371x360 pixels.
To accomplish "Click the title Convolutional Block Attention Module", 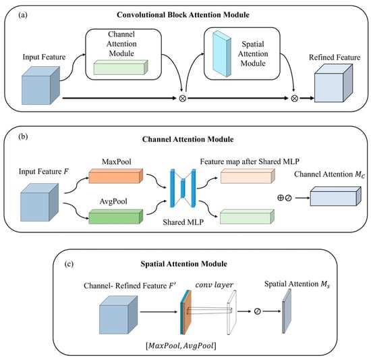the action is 183,15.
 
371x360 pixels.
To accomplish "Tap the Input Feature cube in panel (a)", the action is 40,86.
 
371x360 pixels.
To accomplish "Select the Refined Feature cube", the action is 333,83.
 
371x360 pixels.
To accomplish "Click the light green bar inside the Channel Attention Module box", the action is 121,68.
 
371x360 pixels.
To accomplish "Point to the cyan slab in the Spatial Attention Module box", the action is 222,54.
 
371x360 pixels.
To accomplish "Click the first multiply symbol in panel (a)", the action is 182,99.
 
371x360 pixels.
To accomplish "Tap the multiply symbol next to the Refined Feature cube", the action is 294,99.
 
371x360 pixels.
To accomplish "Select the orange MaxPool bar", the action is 116,176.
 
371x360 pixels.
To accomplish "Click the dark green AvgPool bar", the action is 116,217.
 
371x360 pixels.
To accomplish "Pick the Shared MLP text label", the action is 183,222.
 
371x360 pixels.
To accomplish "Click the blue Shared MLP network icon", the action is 183,188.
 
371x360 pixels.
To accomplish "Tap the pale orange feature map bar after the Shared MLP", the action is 248,176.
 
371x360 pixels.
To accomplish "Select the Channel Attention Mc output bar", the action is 336,196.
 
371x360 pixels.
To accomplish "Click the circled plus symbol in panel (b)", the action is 281,198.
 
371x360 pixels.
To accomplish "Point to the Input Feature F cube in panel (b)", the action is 39,202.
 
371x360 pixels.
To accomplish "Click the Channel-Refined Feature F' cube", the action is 118,315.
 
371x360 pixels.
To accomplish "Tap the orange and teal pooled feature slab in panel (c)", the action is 185,312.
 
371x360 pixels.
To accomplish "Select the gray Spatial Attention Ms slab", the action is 287,311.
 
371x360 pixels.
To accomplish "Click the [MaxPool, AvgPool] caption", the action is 181,346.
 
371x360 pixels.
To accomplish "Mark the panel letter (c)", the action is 69,264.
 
